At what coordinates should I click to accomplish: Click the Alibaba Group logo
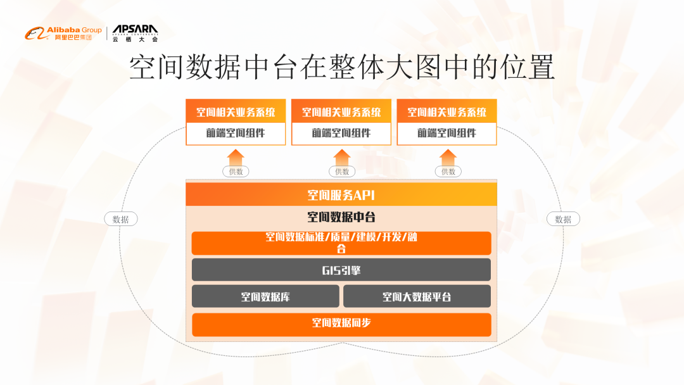(63, 32)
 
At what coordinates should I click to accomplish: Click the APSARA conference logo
(135, 32)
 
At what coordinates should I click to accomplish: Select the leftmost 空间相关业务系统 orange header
(236, 112)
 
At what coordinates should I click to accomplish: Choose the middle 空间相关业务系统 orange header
(341, 112)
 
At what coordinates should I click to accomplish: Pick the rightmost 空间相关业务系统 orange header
(447, 112)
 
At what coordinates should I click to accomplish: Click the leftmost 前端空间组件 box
(236, 134)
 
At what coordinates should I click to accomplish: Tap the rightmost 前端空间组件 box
(447, 134)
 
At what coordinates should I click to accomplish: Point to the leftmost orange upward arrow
(236, 157)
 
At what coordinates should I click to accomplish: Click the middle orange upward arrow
(342, 157)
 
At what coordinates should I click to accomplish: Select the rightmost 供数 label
(448, 172)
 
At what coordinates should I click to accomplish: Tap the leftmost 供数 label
(236, 172)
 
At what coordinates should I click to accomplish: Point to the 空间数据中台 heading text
(341, 217)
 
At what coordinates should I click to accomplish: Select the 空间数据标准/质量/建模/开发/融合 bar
(341, 243)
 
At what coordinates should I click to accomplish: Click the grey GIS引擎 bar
(341, 270)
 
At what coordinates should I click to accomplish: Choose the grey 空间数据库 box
(265, 296)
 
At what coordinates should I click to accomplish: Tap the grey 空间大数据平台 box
(417, 296)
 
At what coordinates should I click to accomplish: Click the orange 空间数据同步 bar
(341, 324)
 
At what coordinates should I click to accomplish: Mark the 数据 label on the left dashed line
(120, 219)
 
